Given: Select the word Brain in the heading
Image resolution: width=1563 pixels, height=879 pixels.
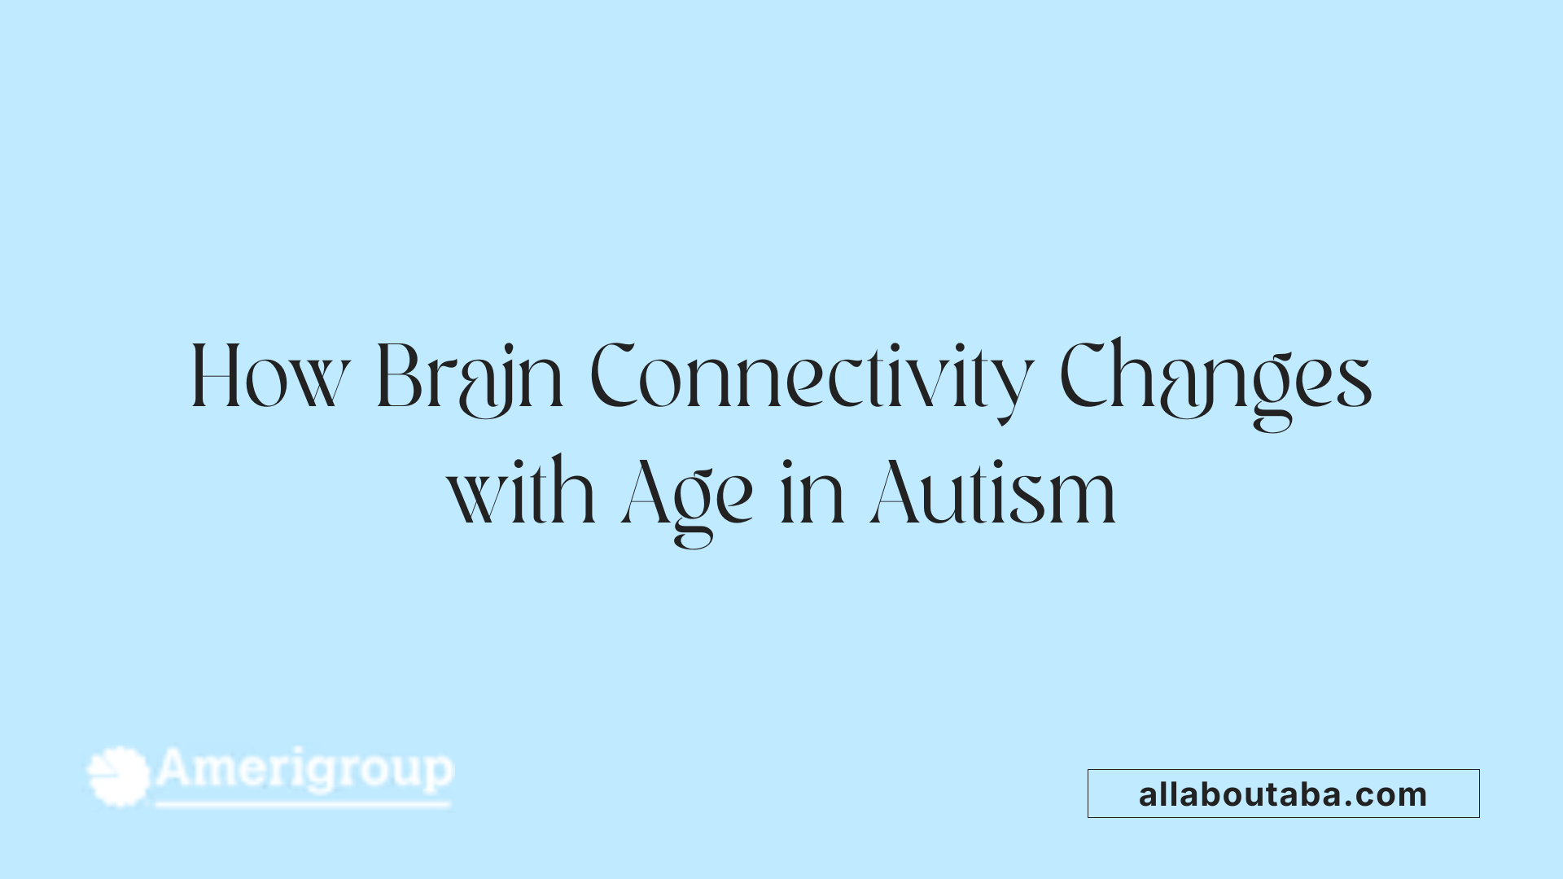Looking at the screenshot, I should pos(470,378).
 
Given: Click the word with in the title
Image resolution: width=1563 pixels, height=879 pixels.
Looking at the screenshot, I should pos(522,493).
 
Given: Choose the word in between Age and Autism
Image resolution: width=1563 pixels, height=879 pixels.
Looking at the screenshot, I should pos(812,493).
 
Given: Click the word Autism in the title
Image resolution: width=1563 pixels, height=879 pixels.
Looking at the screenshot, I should pos(993,493).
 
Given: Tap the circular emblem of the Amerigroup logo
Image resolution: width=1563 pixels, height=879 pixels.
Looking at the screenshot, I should pos(119,776).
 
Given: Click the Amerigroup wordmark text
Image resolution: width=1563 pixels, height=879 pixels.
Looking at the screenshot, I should pos(304,769).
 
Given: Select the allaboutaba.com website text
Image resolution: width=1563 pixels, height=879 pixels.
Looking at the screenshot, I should pos(1283,794).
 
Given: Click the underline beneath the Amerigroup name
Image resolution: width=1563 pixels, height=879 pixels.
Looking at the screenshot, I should pos(303,805).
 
